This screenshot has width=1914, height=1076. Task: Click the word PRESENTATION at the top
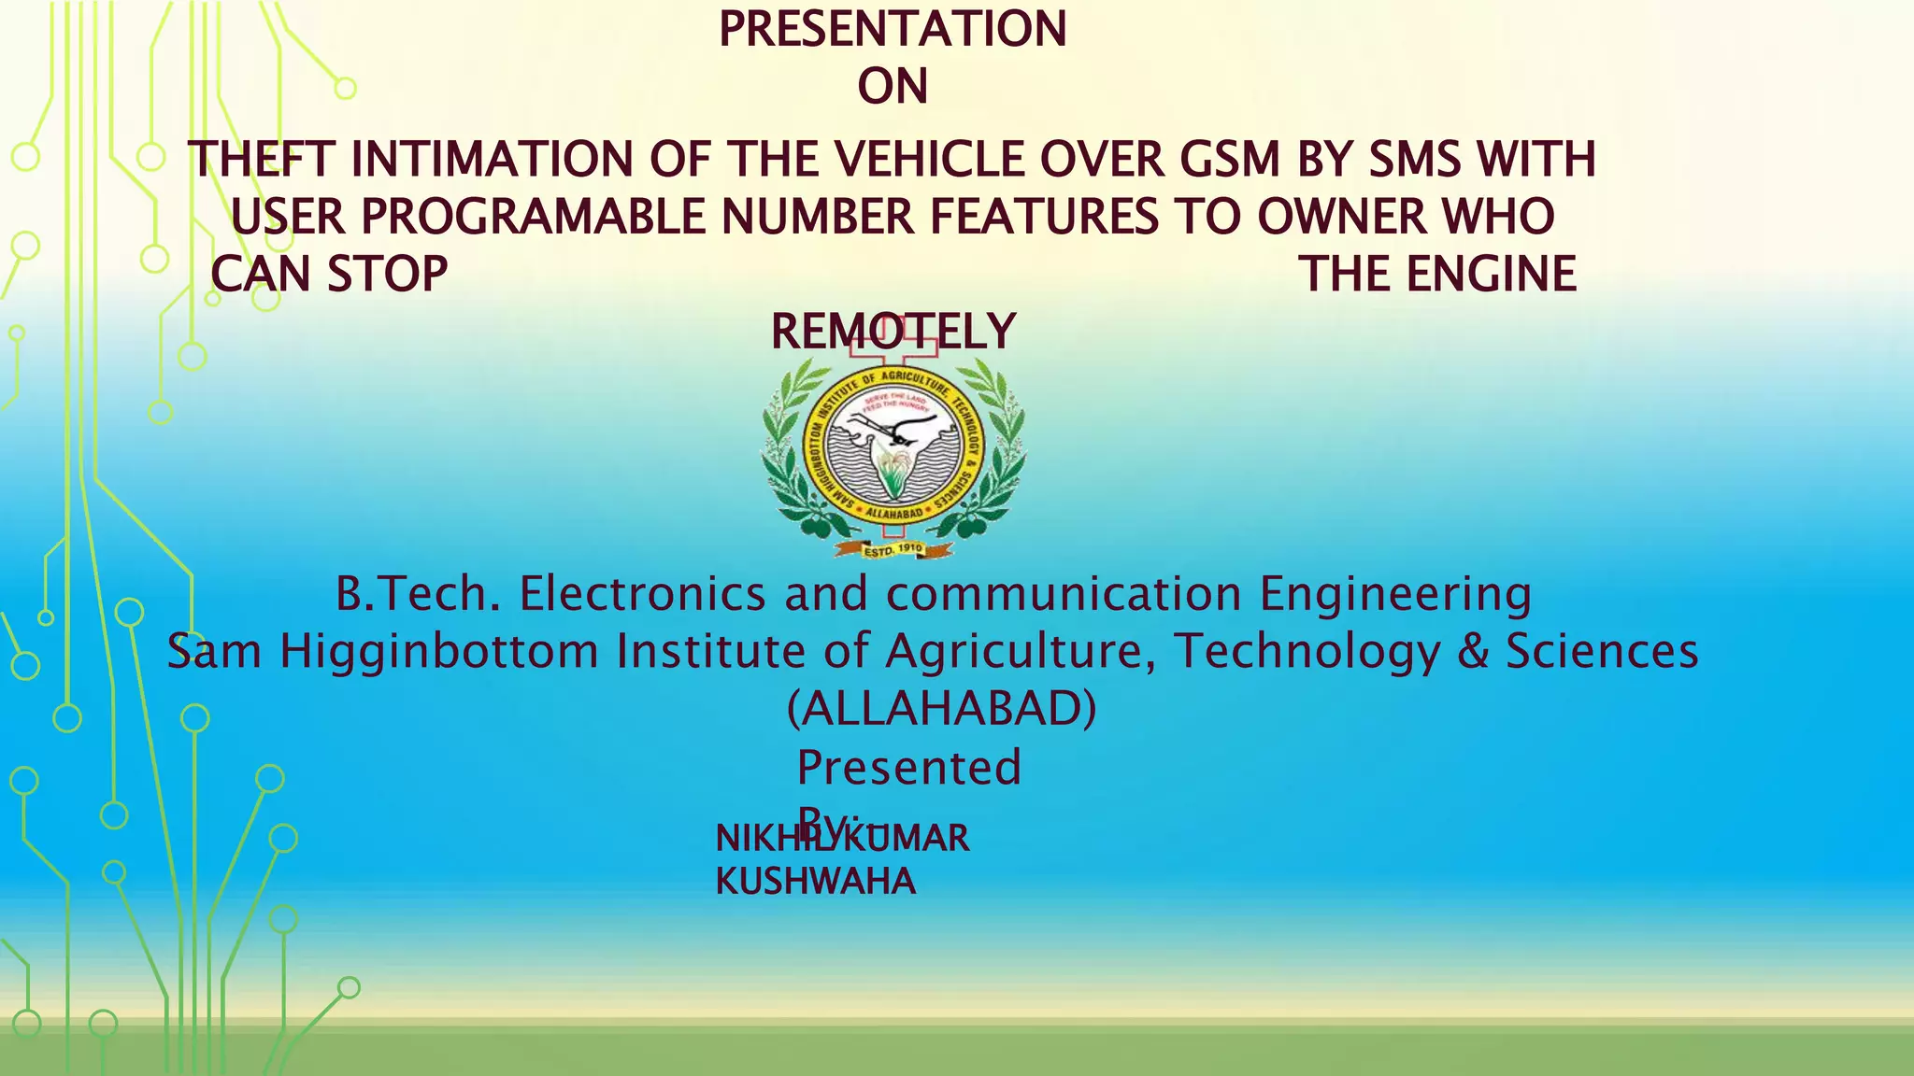coord(892,29)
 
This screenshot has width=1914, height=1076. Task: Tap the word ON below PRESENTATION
coord(893,87)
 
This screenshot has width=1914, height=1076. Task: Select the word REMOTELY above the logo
coord(893,333)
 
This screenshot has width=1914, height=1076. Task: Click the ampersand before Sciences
coord(1473,652)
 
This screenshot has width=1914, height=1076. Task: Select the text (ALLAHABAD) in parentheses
coord(942,709)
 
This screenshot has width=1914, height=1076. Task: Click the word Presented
coord(909,768)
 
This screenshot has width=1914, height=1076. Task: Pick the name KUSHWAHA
coord(816,882)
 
